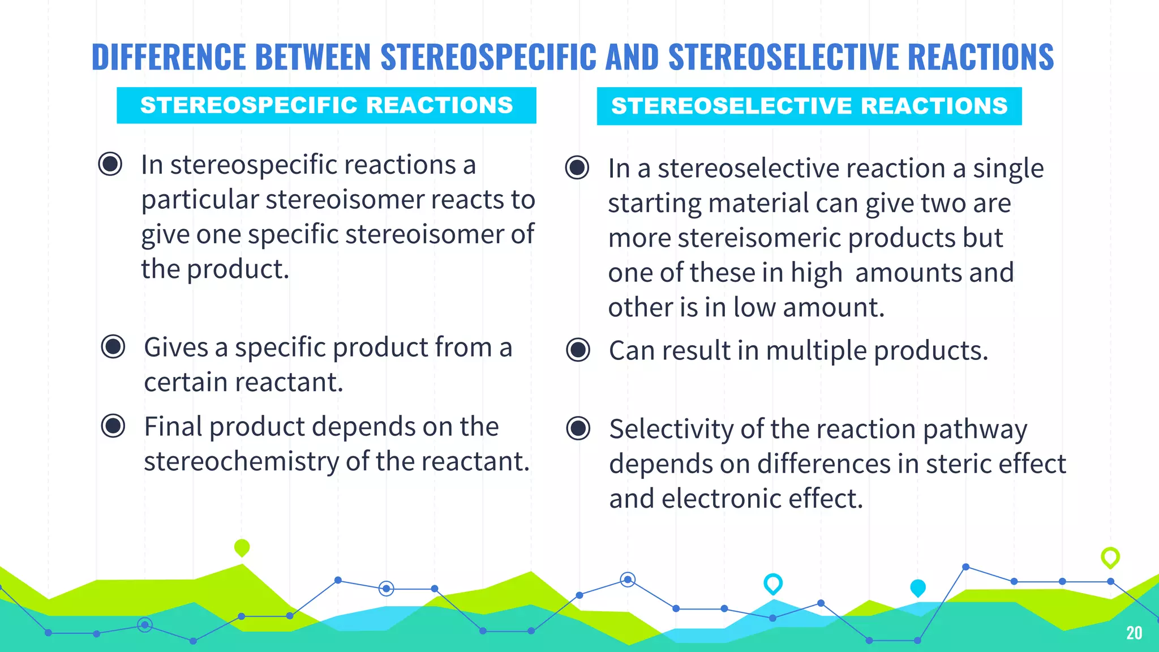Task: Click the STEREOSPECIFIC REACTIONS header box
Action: [x=326, y=105]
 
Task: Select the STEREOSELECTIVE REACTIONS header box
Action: [x=809, y=106]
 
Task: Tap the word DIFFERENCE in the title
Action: [x=169, y=57]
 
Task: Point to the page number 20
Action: [x=1134, y=633]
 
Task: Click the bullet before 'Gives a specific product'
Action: [x=113, y=346]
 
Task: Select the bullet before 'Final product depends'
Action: [x=113, y=426]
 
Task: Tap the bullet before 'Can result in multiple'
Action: [x=578, y=350]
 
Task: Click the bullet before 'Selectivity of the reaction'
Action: [x=578, y=428]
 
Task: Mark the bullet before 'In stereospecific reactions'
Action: [x=110, y=164]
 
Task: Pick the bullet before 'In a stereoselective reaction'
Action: [x=577, y=168]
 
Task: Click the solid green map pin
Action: [x=242, y=547]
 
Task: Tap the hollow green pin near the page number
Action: [x=1110, y=557]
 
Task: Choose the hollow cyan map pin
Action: [x=772, y=583]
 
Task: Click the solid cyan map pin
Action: [x=917, y=587]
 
